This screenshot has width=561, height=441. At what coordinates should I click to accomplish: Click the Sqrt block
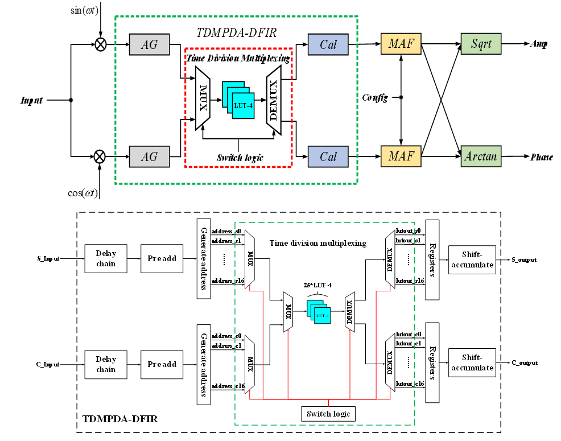tap(481, 44)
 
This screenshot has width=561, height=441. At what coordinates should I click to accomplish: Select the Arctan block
tap(481, 156)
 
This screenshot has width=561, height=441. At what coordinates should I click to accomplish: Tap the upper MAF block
tap(401, 44)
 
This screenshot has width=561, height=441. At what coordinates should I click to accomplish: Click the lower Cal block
tap(328, 156)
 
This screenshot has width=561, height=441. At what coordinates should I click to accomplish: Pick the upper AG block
tap(149, 44)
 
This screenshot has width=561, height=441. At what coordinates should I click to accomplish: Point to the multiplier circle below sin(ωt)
tap(101, 44)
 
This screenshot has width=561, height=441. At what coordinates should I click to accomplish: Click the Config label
tap(375, 98)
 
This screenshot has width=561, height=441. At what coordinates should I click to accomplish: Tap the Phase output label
tap(541, 157)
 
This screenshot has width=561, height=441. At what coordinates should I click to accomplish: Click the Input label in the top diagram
tap(32, 101)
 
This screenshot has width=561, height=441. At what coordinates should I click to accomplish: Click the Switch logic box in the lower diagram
tap(328, 413)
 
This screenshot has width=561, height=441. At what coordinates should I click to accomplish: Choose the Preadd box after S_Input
tap(162, 258)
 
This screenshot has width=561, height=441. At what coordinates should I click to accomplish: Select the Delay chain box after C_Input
tap(106, 364)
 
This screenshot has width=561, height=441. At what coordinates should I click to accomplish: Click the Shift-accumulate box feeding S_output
tap(471, 259)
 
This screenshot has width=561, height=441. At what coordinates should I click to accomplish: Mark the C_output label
tap(524, 362)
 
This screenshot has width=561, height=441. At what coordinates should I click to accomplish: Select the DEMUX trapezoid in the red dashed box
tap(274, 100)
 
